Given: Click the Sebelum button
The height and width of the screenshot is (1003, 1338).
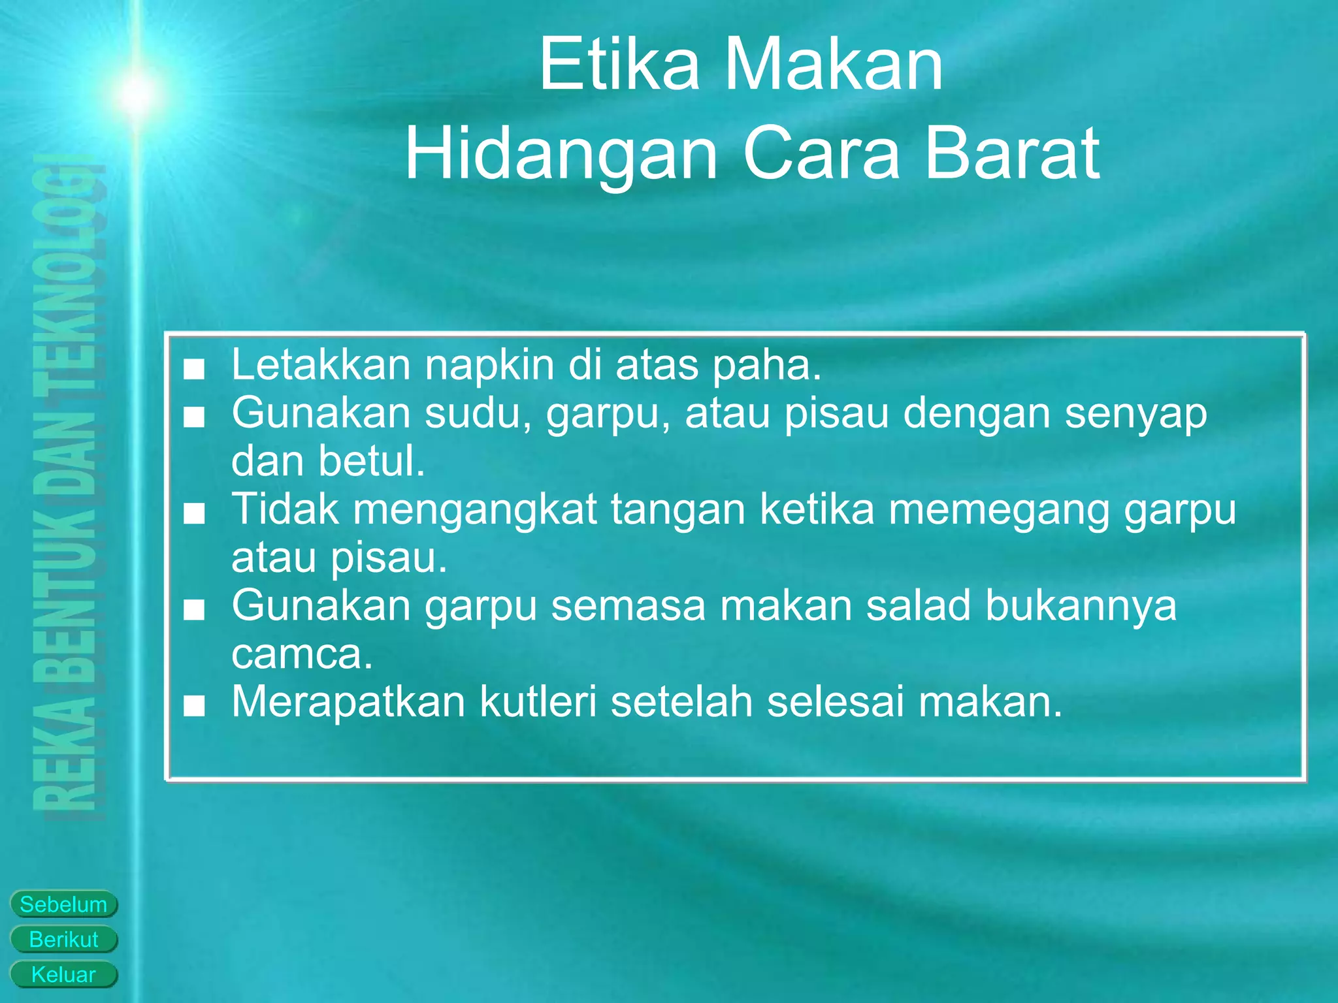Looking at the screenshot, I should [63, 904].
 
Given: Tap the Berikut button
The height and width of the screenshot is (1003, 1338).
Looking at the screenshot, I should [63, 940].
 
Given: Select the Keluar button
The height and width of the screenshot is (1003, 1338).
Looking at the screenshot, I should [63, 975].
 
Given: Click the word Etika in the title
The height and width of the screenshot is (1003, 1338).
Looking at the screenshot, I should [619, 65].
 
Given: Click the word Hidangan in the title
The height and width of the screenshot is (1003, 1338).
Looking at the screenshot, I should [561, 154].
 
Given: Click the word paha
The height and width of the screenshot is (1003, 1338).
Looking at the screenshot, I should [766, 365].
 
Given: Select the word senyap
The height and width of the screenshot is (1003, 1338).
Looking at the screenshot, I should [1136, 415].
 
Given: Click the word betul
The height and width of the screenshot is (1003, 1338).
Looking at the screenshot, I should [372, 461].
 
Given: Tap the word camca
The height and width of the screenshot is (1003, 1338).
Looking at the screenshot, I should [302, 654].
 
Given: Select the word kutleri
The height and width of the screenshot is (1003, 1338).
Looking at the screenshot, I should [538, 702].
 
